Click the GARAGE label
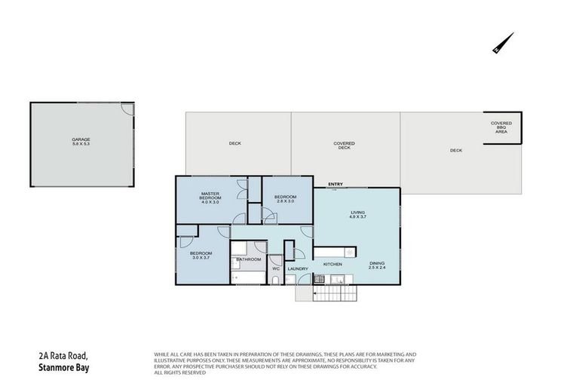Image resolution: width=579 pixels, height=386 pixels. tap(81, 140)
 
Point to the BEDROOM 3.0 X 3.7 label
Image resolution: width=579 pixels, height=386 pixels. tap(200, 256)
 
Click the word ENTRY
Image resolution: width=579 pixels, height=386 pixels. tap(335, 185)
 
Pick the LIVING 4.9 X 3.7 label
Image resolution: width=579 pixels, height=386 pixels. tap(357, 215)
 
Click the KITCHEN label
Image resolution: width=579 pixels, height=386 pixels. tap(333, 265)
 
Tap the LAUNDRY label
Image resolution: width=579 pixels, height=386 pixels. tap(299, 268)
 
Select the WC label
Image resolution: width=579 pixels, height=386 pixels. tap(275, 268)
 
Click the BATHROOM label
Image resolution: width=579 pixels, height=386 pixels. tap(248, 259)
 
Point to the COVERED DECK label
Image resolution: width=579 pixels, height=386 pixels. tap(345, 146)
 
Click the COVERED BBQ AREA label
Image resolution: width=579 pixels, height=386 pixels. tap(501, 127)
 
